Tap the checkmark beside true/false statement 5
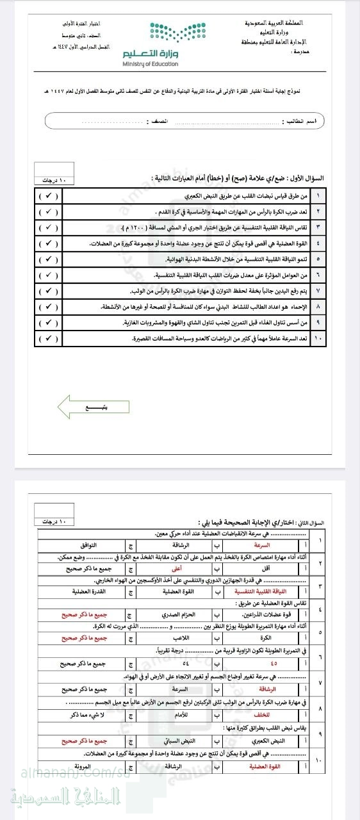(x=47, y=259)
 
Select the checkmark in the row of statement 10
(x=47, y=339)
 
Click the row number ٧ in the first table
(x=318, y=291)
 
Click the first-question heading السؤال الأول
(x=307, y=178)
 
